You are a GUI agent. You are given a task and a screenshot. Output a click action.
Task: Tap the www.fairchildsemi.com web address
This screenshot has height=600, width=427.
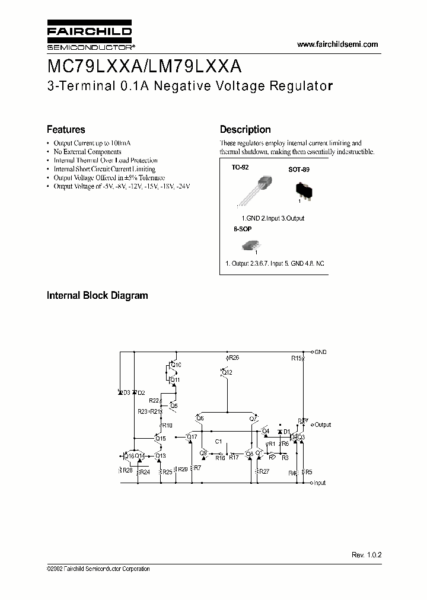[x=337, y=44]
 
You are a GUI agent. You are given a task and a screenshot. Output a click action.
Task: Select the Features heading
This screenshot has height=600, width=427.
[x=66, y=129]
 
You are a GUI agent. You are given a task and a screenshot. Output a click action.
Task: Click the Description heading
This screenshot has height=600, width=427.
[x=245, y=129]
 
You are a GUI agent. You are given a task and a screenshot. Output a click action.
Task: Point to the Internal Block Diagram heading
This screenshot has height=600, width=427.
[x=97, y=295]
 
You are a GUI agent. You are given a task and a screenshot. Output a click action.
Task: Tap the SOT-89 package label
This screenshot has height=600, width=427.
[x=298, y=170]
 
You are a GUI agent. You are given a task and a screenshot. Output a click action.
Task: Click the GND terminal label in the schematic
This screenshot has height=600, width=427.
[x=320, y=352]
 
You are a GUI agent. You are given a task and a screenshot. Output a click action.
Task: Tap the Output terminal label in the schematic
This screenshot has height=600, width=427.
[x=323, y=425]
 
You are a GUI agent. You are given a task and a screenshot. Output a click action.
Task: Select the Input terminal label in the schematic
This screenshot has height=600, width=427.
[x=320, y=483]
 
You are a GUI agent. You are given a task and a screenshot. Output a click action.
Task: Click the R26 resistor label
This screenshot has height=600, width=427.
[x=234, y=358]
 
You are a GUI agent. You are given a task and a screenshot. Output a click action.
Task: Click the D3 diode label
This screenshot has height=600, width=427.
[x=126, y=392]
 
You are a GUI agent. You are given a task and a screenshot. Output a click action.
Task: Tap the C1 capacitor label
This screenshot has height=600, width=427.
[x=218, y=442]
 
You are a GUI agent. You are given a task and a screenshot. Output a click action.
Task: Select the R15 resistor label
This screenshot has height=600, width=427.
[x=297, y=358]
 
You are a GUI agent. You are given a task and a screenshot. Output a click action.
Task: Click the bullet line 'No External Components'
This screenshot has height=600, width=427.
[x=87, y=152]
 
